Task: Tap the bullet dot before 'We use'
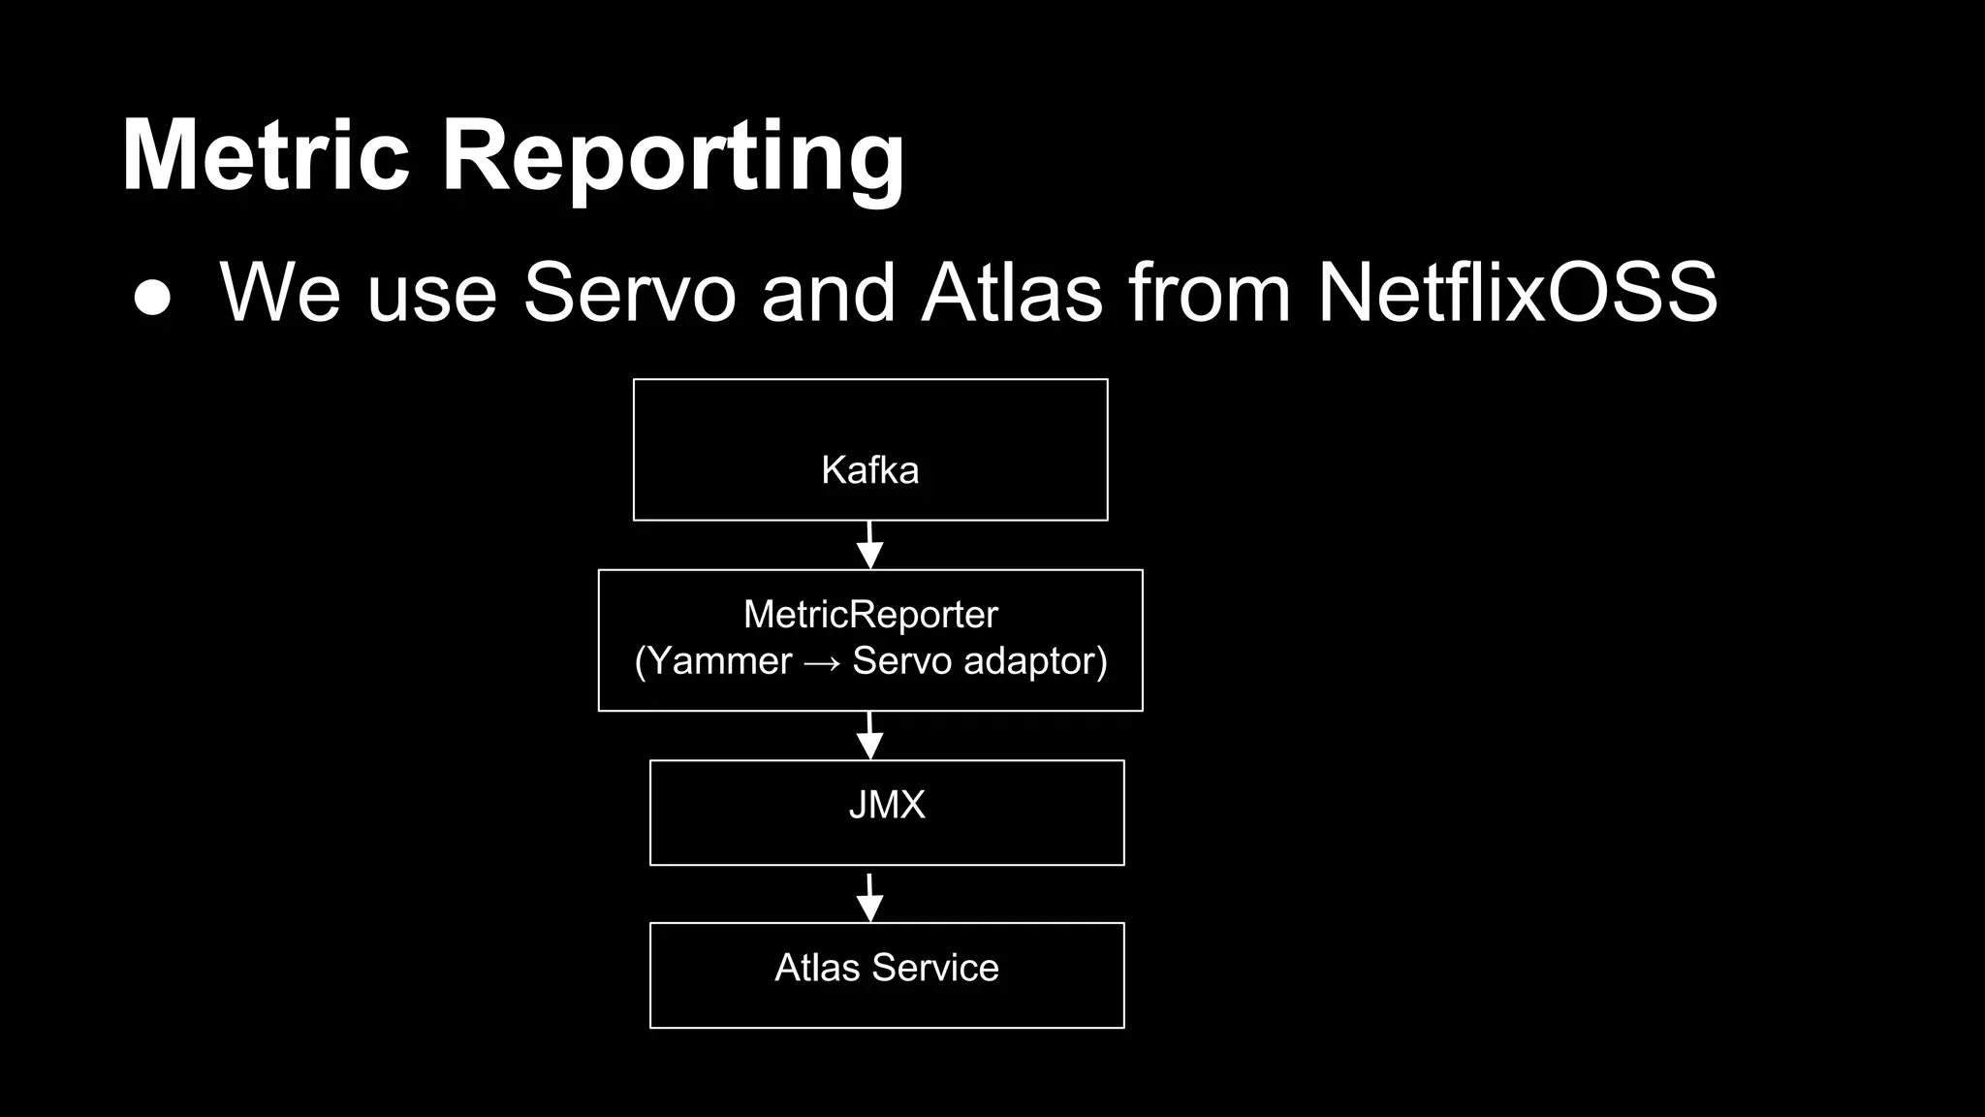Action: (x=152, y=298)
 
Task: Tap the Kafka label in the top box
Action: (x=869, y=470)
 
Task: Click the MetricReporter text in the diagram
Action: (x=870, y=614)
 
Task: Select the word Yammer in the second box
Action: (x=719, y=661)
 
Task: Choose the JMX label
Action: (x=887, y=805)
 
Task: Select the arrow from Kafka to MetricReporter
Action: (x=869, y=545)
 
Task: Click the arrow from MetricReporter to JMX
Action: (x=869, y=736)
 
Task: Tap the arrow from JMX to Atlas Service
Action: (x=869, y=898)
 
